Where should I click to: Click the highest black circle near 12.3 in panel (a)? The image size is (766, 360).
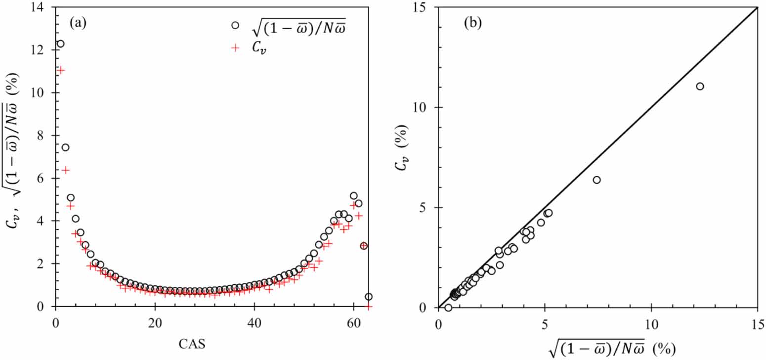[x=60, y=44]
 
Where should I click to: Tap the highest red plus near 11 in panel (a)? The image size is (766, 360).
[x=60, y=70]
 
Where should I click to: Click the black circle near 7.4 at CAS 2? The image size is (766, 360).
[x=65, y=147]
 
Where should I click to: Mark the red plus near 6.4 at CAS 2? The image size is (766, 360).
[x=65, y=170]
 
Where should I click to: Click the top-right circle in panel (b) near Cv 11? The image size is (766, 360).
[x=700, y=86]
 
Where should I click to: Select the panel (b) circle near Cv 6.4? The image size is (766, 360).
[x=596, y=180]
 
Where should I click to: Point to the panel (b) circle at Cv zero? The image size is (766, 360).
[x=448, y=308]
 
